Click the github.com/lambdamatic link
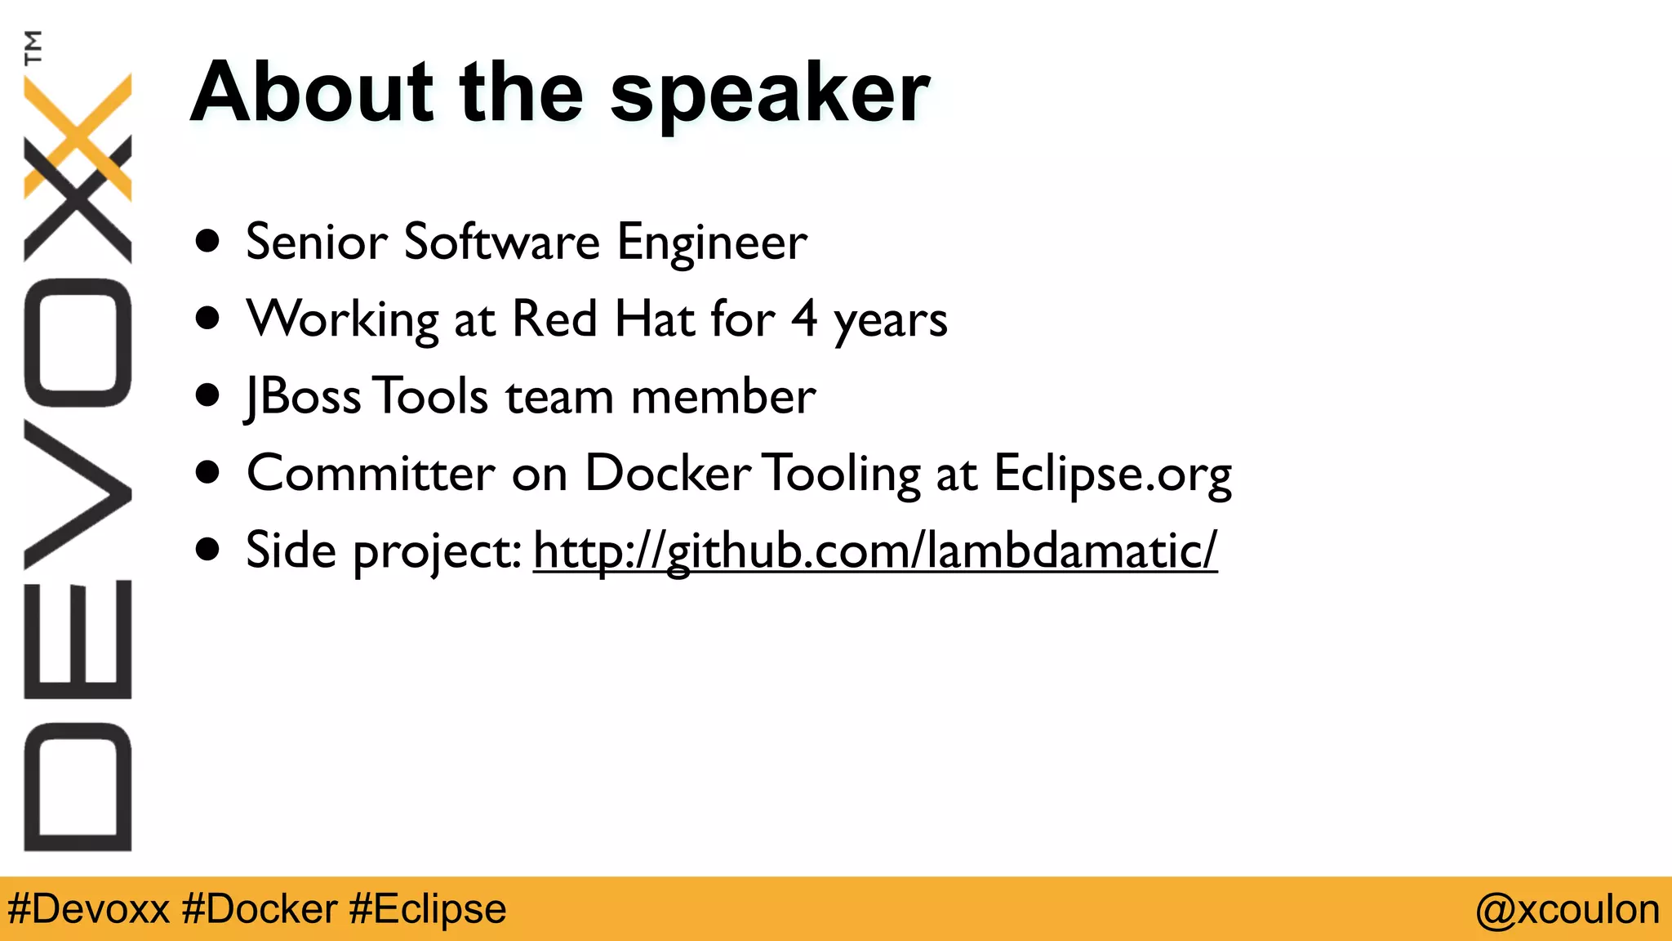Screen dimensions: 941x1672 (x=874, y=550)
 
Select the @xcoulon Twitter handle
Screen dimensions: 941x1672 (x=1567, y=909)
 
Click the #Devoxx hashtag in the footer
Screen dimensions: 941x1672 (x=88, y=908)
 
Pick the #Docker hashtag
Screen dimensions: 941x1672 (x=260, y=908)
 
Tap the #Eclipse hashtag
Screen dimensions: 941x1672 (x=427, y=908)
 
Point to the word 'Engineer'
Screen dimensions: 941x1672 (x=712, y=242)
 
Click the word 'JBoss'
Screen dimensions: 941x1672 (x=302, y=396)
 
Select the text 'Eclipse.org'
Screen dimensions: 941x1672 (x=1112, y=474)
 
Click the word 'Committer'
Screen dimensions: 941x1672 (x=371, y=473)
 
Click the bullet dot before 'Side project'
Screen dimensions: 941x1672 (x=208, y=550)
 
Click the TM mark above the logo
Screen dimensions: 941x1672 (x=33, y=47)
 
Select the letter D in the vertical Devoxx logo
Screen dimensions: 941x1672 (x=78, y=787)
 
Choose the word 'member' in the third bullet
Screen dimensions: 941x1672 (x=723, y=396)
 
